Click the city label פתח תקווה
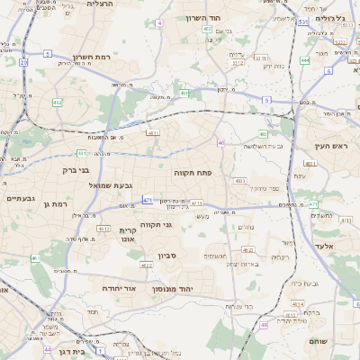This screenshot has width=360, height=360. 193,170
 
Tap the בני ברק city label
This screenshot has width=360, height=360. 76,169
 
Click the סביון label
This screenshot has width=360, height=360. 168,256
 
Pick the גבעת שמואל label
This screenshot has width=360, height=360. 111,185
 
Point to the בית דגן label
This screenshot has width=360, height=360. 68,352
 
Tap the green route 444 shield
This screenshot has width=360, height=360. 305,60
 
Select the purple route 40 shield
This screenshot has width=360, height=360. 221,142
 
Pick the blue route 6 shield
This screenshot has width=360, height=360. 328,70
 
